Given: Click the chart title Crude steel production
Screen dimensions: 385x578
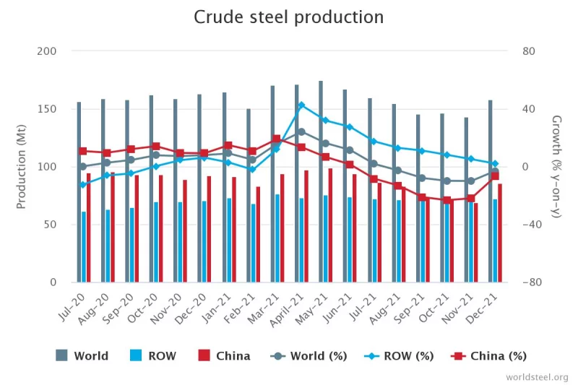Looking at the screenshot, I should tap(288, 17).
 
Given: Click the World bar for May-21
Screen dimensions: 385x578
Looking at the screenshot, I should tap(321, 181).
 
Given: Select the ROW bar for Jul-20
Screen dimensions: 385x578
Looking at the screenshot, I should tap(84, 246).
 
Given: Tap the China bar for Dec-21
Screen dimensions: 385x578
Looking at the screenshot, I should tap(500, 233).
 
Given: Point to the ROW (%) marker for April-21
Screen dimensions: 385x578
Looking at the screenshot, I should tap(301, 105).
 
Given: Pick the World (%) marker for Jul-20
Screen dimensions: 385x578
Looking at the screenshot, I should tap(83, 167).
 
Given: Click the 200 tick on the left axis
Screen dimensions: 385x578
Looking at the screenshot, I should tap(46, 51).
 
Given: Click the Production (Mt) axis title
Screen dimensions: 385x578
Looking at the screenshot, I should tap(22, 167).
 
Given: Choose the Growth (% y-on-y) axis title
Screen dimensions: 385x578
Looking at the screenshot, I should tap(556, 167).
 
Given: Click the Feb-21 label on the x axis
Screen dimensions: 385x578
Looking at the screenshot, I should tap(241, 303).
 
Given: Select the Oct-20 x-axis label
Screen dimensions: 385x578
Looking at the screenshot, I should tap(144, 303).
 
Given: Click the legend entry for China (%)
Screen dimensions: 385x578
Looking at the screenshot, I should tap(489, 355).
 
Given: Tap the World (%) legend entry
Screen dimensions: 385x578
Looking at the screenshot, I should tap(309, 355).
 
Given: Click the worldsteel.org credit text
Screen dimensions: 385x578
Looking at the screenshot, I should tap(538, 377).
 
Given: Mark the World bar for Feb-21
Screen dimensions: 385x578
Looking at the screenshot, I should tap(249, 195).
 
